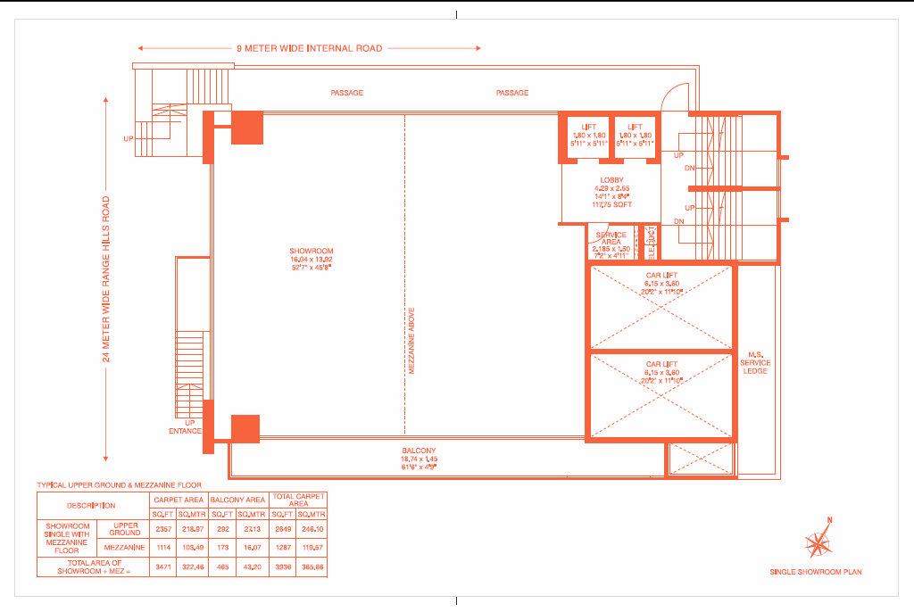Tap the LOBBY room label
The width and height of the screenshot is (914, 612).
611,180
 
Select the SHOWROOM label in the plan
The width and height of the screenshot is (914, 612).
311,251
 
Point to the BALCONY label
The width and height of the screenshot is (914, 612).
419,451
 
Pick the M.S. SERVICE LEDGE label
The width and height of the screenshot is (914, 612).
755,363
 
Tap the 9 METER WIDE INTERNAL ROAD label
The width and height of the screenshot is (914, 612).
309,48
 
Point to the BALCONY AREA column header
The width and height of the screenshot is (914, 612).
238,500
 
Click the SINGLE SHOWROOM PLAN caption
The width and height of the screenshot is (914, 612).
816,571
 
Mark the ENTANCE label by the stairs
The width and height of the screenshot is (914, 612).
186,431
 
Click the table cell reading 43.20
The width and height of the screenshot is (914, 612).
252,567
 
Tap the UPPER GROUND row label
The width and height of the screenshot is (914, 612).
125,529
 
